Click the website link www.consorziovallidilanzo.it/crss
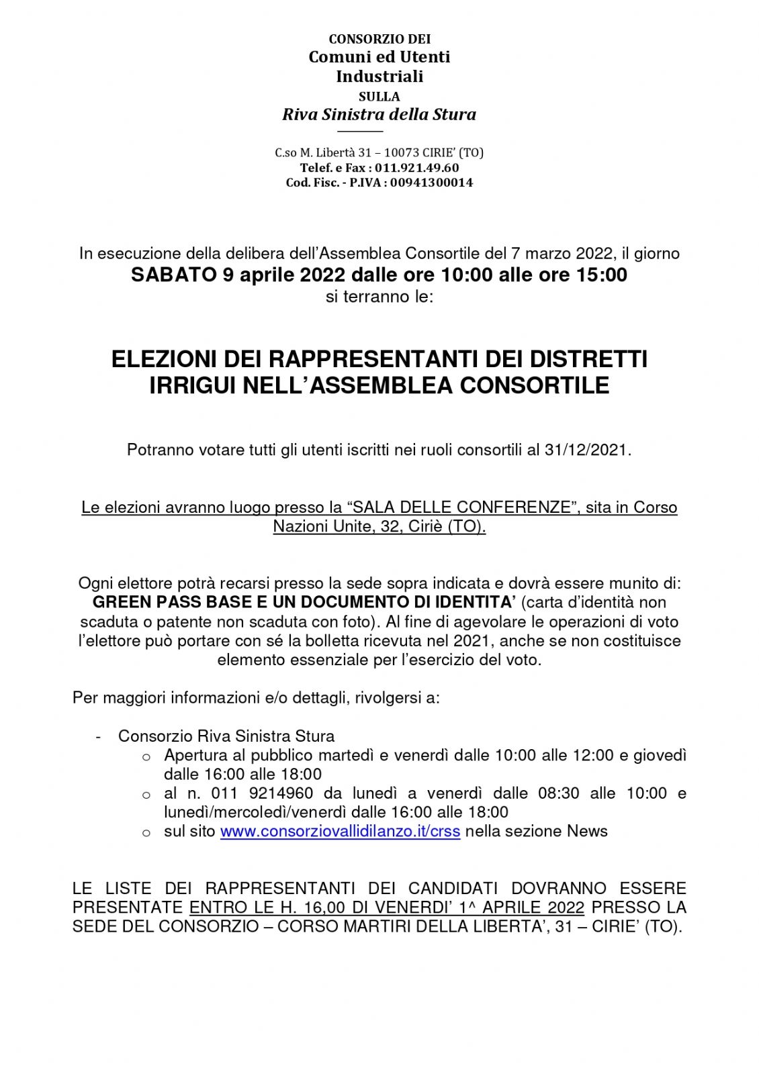click(340, 831)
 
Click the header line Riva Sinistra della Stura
click(379, 114)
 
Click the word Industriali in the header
click(379, 76)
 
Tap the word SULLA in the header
click(379, 96)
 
